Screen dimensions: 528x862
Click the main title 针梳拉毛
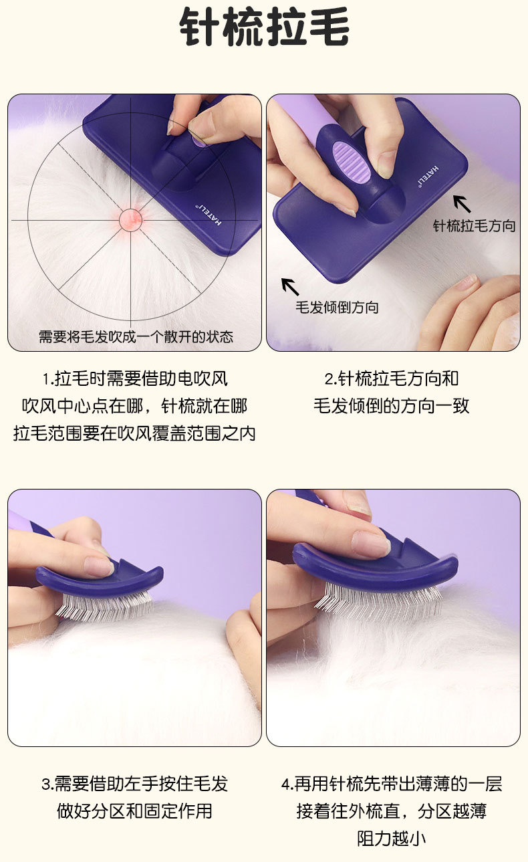pyautogui.click(x=264, y=27)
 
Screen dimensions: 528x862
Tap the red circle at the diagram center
pyautogui.click(x=130, y=220)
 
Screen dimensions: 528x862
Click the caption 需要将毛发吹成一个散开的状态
pyautogui.click(x=136, y=337)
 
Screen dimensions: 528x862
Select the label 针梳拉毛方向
pyautogui.click(x=474, y=226)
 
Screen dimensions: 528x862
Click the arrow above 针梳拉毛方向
pyautogui.click(x=462, y=204)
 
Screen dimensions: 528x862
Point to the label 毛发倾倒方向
pyautogui.click(x=337, y=308)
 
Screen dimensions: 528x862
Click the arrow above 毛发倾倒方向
pyautogui.click(x=290, y=287)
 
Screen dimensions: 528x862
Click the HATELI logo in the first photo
pyautogui.click(x=209, y=215)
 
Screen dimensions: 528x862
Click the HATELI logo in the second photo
pyautogui.click(x=428, y=177)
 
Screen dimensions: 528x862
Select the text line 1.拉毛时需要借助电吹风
pyautogui.click(x=135, y=379)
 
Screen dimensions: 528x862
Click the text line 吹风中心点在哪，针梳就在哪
pyautogui.click(x=134, y=407)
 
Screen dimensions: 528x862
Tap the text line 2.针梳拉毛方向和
pyautogui.click(x=392, y=379)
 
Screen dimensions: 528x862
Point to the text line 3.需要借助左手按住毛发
pyautogui.click(x=134, y=784)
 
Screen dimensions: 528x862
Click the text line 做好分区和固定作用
pyautogui.click(x=134, y=811)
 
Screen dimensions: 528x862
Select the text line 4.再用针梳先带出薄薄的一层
pyautogui.click(x=392, y=784)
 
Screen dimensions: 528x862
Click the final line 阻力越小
pyautogui.click(x=392, y=839)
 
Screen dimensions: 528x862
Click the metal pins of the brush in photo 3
pyautogui.click(x=106, y=605)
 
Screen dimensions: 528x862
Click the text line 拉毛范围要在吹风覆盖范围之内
pyautogui.click(x=134, y=434)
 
